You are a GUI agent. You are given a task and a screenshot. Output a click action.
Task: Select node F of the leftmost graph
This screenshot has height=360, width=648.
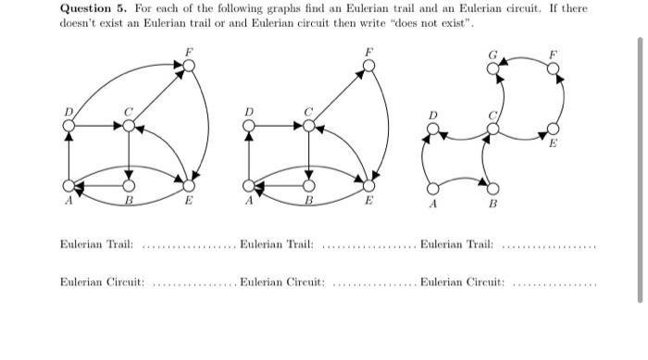(189, 66)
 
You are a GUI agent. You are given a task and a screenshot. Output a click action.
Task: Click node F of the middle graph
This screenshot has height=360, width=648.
(369, 66)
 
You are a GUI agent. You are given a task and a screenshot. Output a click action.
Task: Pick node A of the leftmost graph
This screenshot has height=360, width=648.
(68, 185)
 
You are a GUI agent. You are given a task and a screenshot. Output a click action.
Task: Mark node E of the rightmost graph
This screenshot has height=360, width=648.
(554, 128)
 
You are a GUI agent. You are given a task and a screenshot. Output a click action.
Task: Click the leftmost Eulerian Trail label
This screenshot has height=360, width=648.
(96, 244)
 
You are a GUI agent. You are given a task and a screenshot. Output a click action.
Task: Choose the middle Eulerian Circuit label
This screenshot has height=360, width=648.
(281, 280)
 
